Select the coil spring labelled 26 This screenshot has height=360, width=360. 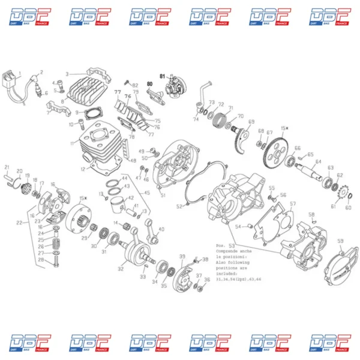tap(57, 245)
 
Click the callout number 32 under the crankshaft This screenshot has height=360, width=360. tap(121, 269)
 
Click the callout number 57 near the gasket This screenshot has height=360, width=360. tap(293, 204)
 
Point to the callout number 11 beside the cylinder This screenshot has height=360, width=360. tap(72, 143)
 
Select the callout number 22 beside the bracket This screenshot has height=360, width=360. tap(19, 223)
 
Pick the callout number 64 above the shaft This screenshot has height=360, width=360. tap(319, 161)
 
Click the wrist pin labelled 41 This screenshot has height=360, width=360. tap(130, 211)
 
